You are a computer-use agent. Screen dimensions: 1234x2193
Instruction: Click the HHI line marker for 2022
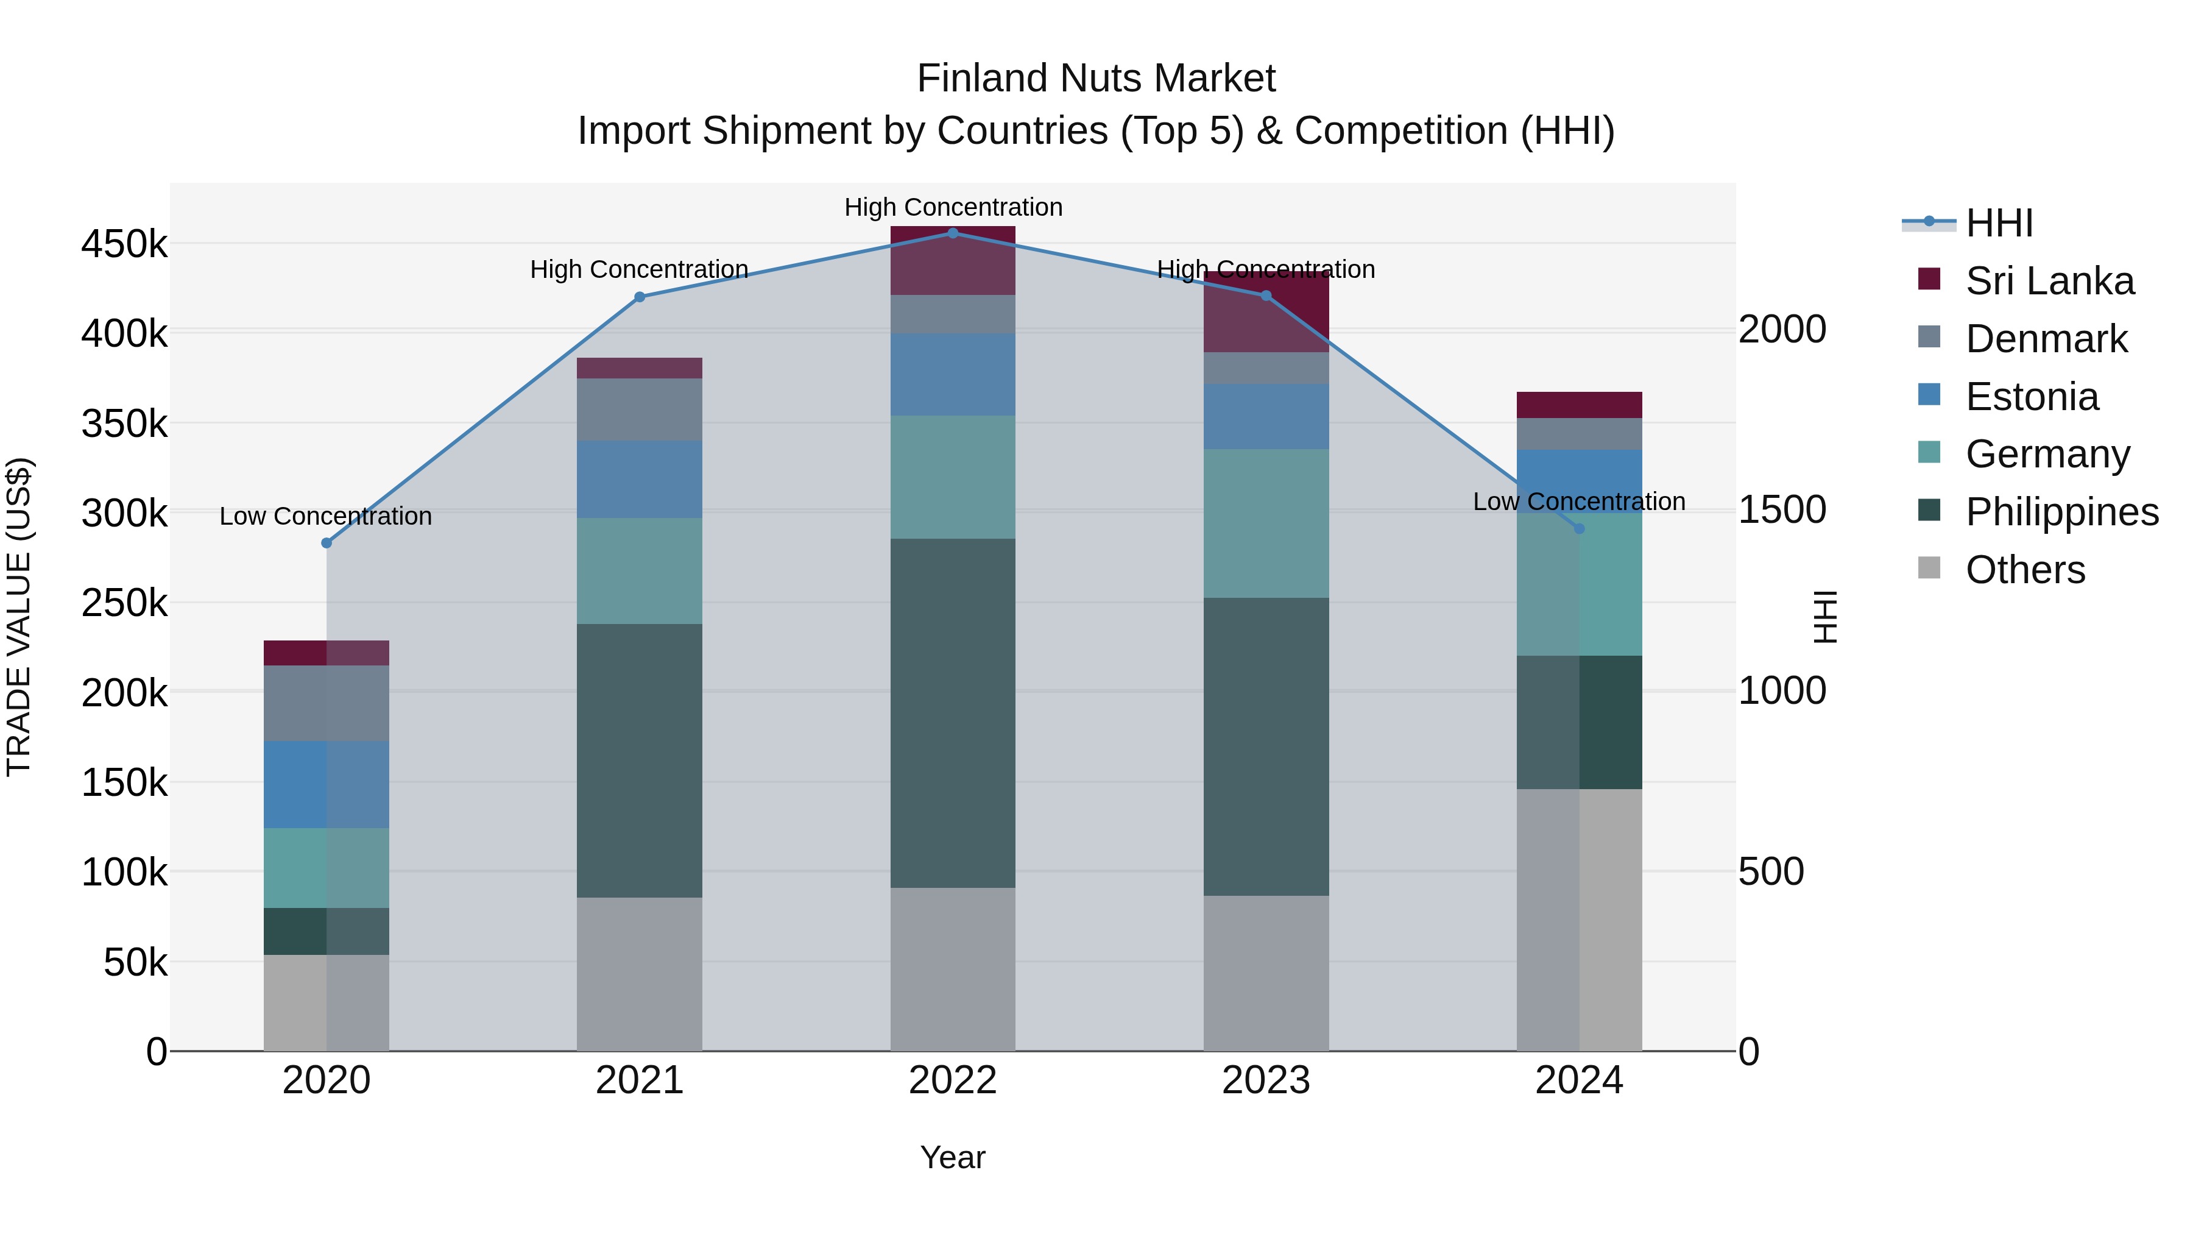tap(953, 233)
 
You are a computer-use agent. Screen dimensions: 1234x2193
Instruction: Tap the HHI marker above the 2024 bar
tap(1579, 529)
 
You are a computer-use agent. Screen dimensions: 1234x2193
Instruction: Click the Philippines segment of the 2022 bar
tap(953, 713)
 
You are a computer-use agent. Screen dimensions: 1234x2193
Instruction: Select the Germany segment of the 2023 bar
tap(1266, 523)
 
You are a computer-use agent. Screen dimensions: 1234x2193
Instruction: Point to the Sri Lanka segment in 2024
tap(1579, 405)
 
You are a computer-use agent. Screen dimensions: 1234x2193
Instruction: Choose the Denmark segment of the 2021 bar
tap(640, 409)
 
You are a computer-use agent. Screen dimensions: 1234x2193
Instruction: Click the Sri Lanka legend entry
tap(2050, 281)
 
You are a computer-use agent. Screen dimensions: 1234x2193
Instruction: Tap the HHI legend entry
tap(1999, 223)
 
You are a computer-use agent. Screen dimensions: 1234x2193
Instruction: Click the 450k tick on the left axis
tap(124, 244)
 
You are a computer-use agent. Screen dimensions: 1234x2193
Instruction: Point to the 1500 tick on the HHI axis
tap(1782, 509)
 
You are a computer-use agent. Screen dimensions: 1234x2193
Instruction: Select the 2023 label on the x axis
tap(1266, 1080)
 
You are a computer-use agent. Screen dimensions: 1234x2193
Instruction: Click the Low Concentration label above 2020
tap(326, 516)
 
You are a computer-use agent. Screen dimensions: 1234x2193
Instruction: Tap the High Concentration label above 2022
tap(953, 207)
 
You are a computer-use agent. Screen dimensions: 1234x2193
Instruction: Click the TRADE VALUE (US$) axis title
tap(19, 617)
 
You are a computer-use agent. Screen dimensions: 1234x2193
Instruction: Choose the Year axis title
tap(953, 1157)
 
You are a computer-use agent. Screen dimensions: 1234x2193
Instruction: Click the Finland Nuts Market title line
tap(1096, 79)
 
